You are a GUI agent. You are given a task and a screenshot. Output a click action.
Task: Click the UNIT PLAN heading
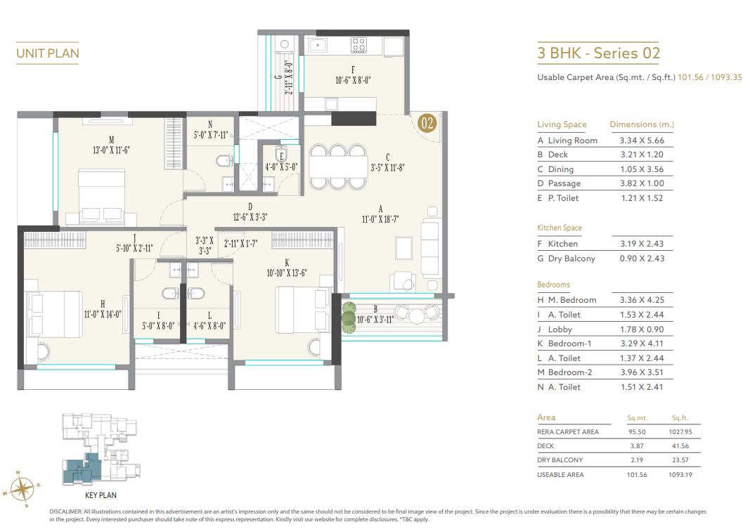[x=48, y=53]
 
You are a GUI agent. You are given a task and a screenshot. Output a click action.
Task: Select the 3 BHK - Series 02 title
[x=598, y=53]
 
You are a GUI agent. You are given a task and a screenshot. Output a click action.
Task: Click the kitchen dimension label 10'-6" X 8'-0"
[x=353, y=80]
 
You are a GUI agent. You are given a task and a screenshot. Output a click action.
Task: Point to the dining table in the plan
[x=337, y=168]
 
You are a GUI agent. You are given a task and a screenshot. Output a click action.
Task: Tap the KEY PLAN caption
[x=101, y=495]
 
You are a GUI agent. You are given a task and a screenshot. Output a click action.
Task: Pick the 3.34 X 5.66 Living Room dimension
[x=640, y=141]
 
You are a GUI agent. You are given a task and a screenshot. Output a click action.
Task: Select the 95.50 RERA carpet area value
[x=637, y=432]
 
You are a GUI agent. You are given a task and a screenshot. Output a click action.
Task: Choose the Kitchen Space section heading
[x=560, y=228]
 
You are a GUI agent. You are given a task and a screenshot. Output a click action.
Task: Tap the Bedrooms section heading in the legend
[x=553, y=285]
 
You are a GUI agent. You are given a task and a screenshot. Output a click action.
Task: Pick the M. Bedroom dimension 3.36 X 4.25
[x=640, y=300]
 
